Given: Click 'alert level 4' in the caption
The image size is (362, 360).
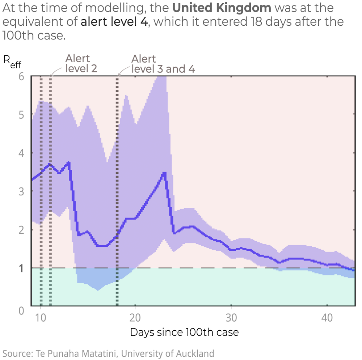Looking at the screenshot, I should click(114, 22).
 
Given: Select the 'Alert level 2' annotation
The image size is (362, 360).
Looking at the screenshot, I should click(81, 63).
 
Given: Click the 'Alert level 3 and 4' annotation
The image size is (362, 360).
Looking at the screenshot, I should click(163, 64).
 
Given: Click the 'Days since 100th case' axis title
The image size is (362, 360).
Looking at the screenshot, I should click(184, 332).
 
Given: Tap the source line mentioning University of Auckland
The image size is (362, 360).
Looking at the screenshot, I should click(109, 353).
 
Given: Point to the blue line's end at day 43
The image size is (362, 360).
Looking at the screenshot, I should click(354, 270).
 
